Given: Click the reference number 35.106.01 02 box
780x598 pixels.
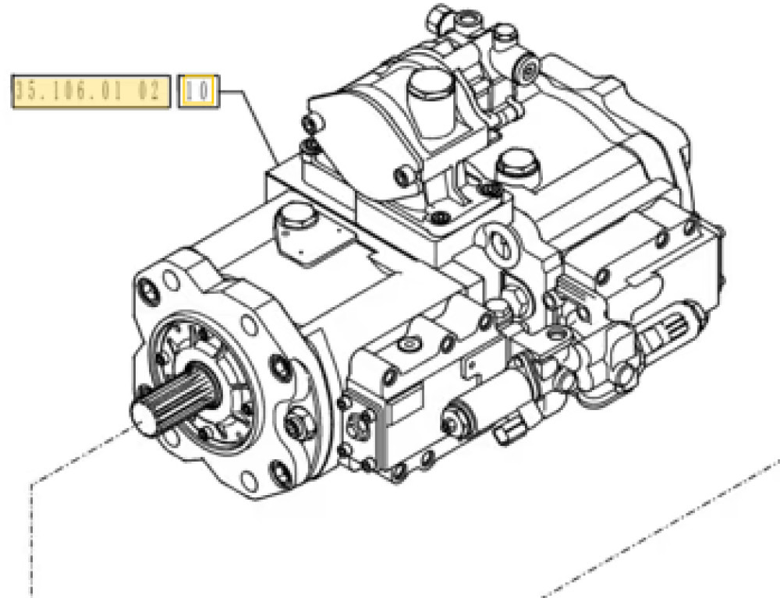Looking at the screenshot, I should (x=90, y=92).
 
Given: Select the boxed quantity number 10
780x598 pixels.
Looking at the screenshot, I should (x=198, y=92).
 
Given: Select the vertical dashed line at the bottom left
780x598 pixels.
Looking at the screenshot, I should (x=32, y=538).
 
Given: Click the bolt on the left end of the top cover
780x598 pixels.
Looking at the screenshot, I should (x=313, y=122).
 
